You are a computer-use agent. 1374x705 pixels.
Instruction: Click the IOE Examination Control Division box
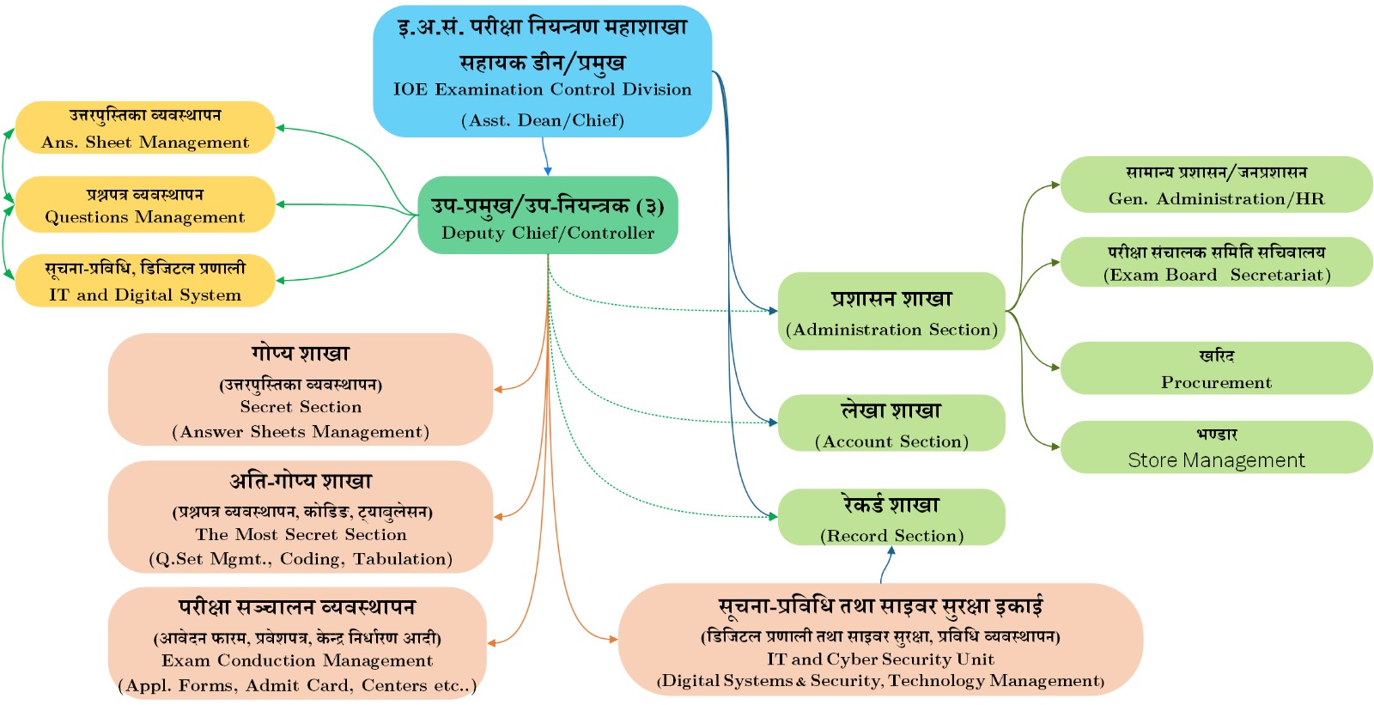point(542,71)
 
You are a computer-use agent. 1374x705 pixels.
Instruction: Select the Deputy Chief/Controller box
point(548,216)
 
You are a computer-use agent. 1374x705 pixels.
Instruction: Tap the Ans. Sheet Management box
point(145,128)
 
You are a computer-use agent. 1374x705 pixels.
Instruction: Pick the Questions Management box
point(145,204)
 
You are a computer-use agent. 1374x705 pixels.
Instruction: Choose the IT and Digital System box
point(145,281)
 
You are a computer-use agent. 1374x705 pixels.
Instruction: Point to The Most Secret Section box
point(301,517)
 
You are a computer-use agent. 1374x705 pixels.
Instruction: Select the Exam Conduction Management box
point(297,643)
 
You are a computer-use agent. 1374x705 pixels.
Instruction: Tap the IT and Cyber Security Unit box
point(880,640)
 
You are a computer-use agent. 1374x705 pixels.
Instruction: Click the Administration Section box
point(891,311)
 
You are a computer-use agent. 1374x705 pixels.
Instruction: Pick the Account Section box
point(891,422)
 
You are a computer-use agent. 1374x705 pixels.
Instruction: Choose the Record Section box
point(891,517)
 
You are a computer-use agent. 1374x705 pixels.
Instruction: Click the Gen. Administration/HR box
point(1216,184)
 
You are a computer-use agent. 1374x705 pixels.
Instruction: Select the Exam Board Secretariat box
point(1216,262)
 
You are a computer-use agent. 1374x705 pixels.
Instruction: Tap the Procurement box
point(1216,368)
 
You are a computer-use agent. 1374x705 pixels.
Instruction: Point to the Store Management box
point(1216,447)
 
